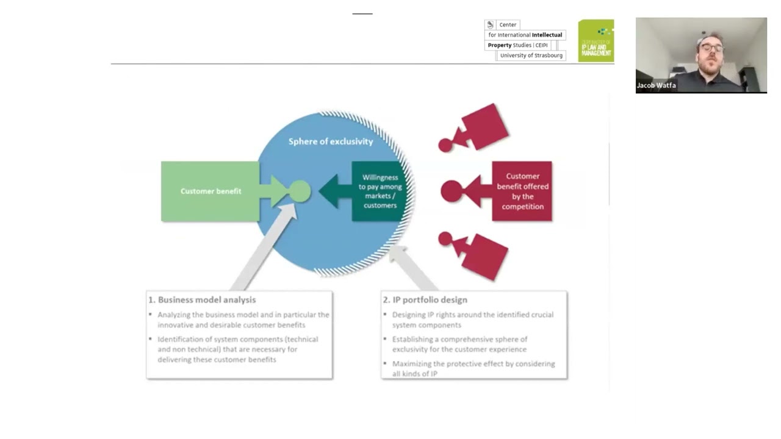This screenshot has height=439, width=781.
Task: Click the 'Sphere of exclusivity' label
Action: click(x=330, y=141)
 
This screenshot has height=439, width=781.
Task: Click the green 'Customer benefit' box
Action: click(x=211, y=191)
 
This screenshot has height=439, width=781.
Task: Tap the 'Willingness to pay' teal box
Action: click(x=380, y=191)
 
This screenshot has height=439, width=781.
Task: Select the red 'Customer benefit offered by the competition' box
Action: click(x=522, y=191)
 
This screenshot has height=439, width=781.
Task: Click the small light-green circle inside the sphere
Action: click(x=299, y=191)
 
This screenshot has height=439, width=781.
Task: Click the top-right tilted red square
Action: click(x=486, y=127)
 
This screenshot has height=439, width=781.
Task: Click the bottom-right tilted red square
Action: click(x=485, y=256)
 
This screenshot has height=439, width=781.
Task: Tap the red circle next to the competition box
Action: click(x=452, y=191)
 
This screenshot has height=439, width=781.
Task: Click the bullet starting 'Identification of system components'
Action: click(x=237, y=349)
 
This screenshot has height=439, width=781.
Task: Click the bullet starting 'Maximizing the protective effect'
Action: click(x=473, y=368)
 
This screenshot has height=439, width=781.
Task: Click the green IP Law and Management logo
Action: click(x=596, y=41)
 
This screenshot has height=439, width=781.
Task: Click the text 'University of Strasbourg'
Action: click(x=531, y=55)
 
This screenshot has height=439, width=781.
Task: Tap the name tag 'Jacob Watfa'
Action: click(x=656, y=85)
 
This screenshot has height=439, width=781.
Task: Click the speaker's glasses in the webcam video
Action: click(x=711, y=48)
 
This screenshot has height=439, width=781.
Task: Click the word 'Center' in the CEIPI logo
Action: click(x=508, y=25)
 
